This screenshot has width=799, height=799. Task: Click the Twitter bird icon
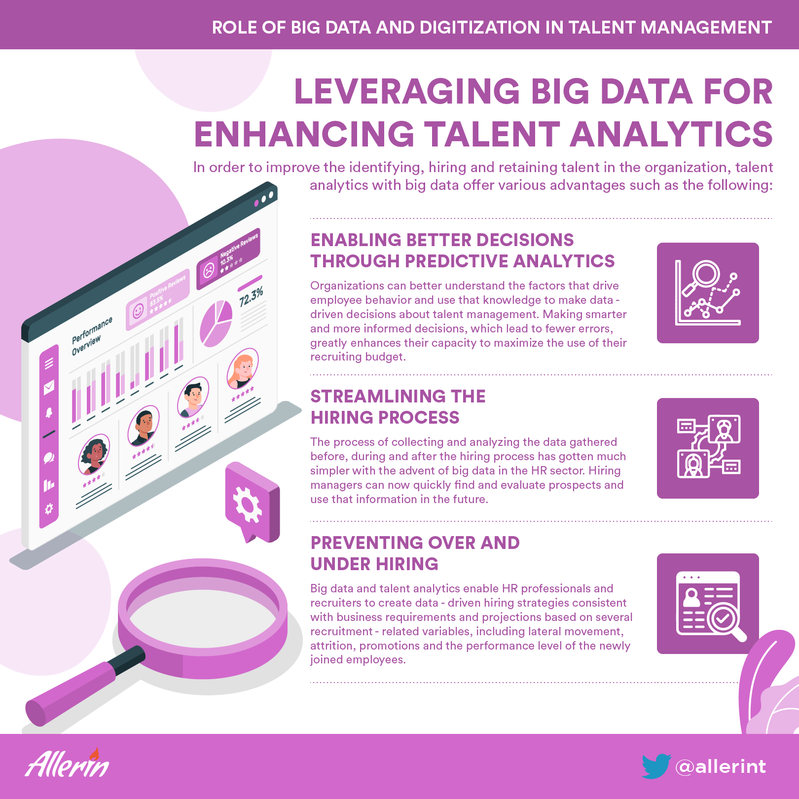coord(656,766)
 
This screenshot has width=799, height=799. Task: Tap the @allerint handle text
coord(721,766)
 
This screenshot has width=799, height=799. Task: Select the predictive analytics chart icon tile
coord(708,293)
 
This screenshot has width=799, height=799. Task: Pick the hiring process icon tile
coord(708,448)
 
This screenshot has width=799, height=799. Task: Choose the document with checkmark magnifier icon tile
coord(708,604)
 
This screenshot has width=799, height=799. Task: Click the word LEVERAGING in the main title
coord(407,92)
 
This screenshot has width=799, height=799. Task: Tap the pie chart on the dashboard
coord(216,324)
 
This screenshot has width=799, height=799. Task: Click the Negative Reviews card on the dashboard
coord(228,258)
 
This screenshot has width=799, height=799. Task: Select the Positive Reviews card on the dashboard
coord(158,300)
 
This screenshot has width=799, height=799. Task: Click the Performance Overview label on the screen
coord(92,335)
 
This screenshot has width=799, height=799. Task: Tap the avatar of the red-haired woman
coord(242,368)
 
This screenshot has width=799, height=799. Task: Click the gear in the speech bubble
coord(247,504)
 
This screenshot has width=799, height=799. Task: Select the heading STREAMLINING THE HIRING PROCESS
coord(398,407)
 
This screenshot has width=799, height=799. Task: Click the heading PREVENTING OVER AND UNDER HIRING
coord(415,553)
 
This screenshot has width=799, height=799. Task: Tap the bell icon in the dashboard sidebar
coord(49,412)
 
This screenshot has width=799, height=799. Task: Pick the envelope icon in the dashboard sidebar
coord(49,388)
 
